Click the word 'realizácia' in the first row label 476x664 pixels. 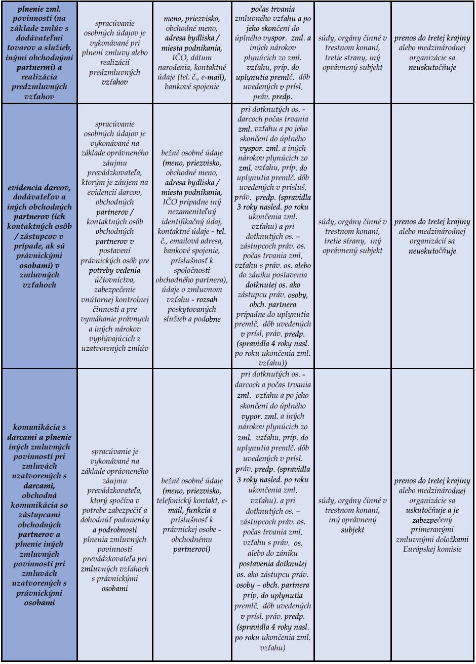(39, 77)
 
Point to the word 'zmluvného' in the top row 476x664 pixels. (263, 19)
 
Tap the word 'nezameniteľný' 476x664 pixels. (192, 212)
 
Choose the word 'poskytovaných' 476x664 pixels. (191, 309)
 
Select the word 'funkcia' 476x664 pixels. (201, 510)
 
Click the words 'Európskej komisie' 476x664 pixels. (432, 549)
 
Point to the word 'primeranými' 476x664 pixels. (432, 529)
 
